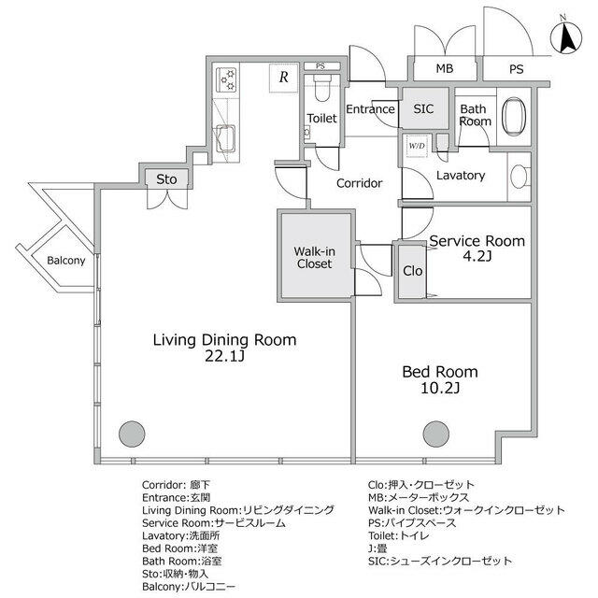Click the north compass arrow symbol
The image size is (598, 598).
[x=566, y=37]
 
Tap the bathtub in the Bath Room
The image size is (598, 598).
[x=514, y=117]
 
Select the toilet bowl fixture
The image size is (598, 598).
[x=322, y=88]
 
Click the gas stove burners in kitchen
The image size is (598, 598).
[x=226, y=79]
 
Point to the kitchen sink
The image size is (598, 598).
[x=226, y=138]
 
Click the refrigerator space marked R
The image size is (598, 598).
[x=283, y=78]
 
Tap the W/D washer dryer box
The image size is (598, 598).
[x=417, y=146]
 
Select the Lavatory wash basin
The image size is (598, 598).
[x=519, y=177]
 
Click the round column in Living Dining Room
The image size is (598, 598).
[x=132, y=434]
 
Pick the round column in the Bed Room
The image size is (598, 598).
[x=436, y=434]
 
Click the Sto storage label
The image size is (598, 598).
[x=166, y=179]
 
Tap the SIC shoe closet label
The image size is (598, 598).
[x=423, y=109]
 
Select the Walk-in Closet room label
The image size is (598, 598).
[x=314, y=258]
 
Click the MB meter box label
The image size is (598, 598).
[x=445, y=68]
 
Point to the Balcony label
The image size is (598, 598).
[x=66, y=261]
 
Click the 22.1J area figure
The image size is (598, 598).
[x=224, y=356]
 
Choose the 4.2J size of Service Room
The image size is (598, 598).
[x=477, y=256]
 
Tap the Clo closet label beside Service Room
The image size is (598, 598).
[x=413, y=271]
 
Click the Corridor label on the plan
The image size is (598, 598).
[x=359, y=183]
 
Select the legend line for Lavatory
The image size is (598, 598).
[x=180, y=535]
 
